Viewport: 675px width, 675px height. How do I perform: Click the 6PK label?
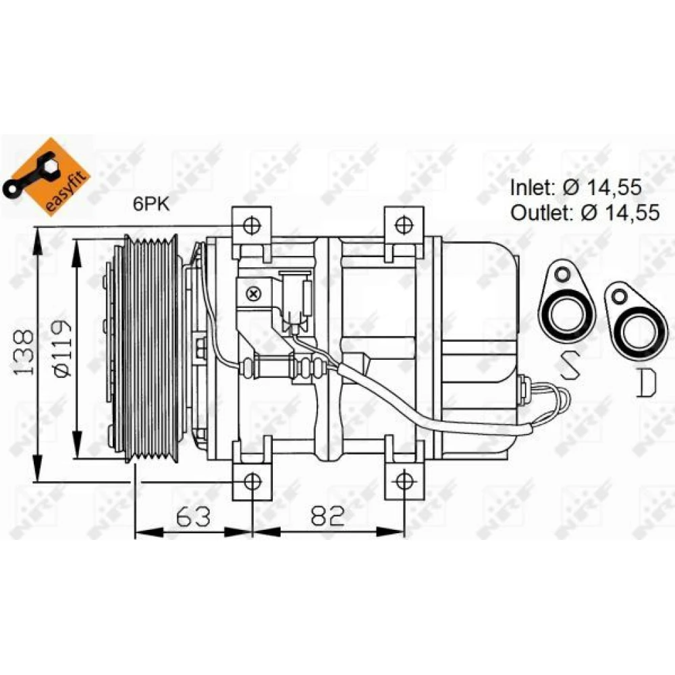click(x=151, y=204)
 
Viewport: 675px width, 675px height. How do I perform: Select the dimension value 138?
click(x=23, y=353)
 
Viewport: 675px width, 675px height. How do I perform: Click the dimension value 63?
click(x=193, y=516)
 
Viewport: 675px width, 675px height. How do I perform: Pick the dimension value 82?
click(x=328, y=516)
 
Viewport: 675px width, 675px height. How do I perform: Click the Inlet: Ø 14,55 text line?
click(x=576, y=187)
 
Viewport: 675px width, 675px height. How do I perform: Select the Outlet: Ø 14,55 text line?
click(x=585, y=212)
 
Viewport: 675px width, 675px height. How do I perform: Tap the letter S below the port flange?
click(x=569, y=364)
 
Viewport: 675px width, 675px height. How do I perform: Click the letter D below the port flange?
click(x=646, y=383)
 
